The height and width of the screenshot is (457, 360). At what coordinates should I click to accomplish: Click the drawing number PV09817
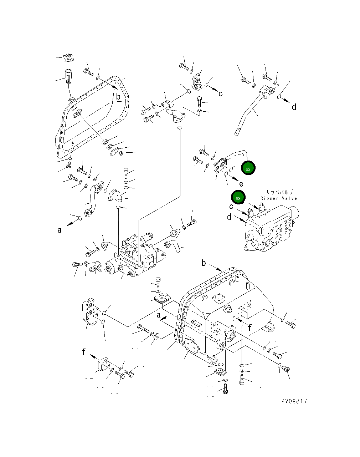(294, 401)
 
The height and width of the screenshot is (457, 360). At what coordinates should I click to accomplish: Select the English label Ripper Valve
(278, 198)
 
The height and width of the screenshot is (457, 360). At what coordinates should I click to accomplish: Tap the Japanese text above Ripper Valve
(280, 192)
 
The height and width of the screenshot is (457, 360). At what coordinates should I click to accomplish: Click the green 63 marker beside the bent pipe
(248, 169)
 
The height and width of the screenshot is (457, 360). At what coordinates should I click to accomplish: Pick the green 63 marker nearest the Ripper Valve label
(238, 198)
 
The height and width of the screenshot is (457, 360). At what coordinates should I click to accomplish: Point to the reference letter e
(241, 184)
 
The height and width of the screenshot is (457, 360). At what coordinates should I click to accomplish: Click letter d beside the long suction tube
(294, 107)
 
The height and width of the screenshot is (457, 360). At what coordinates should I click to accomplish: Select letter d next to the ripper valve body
(229, 217)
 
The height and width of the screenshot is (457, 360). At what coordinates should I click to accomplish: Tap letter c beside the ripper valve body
(231, 207)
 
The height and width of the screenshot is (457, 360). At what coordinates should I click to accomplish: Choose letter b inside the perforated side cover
(118, 96)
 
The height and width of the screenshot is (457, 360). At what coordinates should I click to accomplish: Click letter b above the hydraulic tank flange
(204, 263)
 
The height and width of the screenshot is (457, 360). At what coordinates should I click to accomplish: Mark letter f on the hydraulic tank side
(250, 327)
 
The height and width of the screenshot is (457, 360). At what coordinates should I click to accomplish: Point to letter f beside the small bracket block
(83, 352)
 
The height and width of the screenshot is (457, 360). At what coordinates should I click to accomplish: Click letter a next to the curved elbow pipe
(60, 230)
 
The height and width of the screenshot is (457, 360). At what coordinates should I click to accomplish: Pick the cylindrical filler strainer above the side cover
(68, 76)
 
